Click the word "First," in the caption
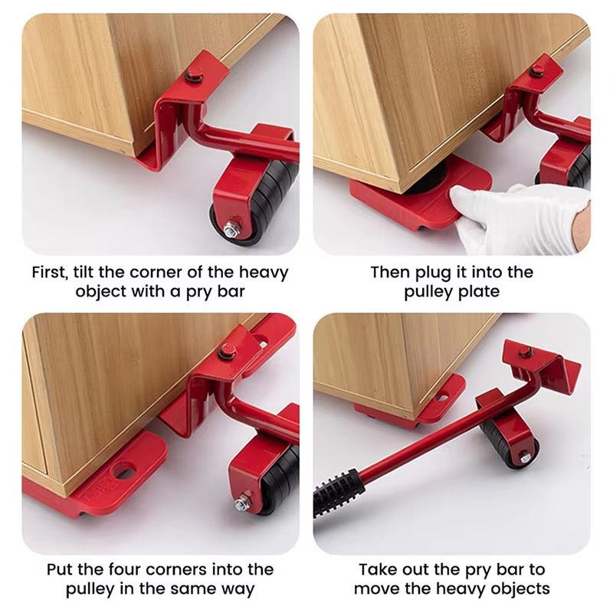pos(54,272)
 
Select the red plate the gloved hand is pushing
pos(414,199)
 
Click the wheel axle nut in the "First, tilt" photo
pos(229,228)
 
